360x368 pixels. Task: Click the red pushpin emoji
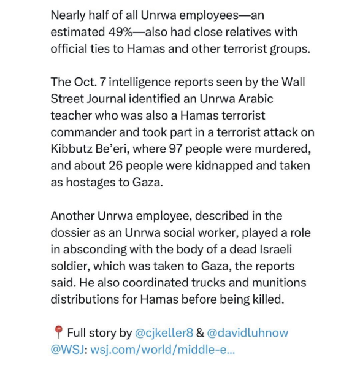click(58, 333)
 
